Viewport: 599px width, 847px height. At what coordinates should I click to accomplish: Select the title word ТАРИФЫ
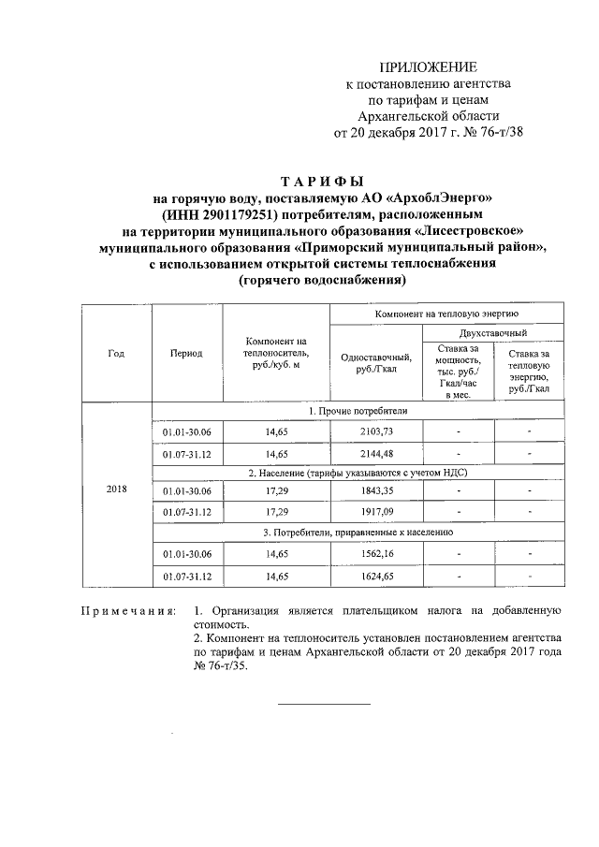click(x=322, y=181)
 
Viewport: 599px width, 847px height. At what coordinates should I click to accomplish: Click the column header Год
click(x=116, y=354)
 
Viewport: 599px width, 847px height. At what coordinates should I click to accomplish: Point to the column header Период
click(x=186, y=354)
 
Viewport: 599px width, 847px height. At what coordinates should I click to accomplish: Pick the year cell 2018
click(x=117, y=489)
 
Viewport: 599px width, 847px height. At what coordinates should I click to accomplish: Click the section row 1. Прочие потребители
click(x=358, y=412)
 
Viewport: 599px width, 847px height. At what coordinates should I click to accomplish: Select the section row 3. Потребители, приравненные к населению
click(x=358, y=533)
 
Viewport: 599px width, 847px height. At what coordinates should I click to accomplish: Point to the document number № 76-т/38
click(x=489, y=132)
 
